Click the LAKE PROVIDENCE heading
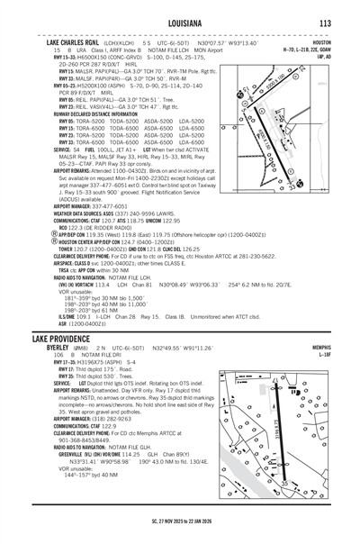tap(44, 329)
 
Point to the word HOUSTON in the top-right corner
tap(343, 41)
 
